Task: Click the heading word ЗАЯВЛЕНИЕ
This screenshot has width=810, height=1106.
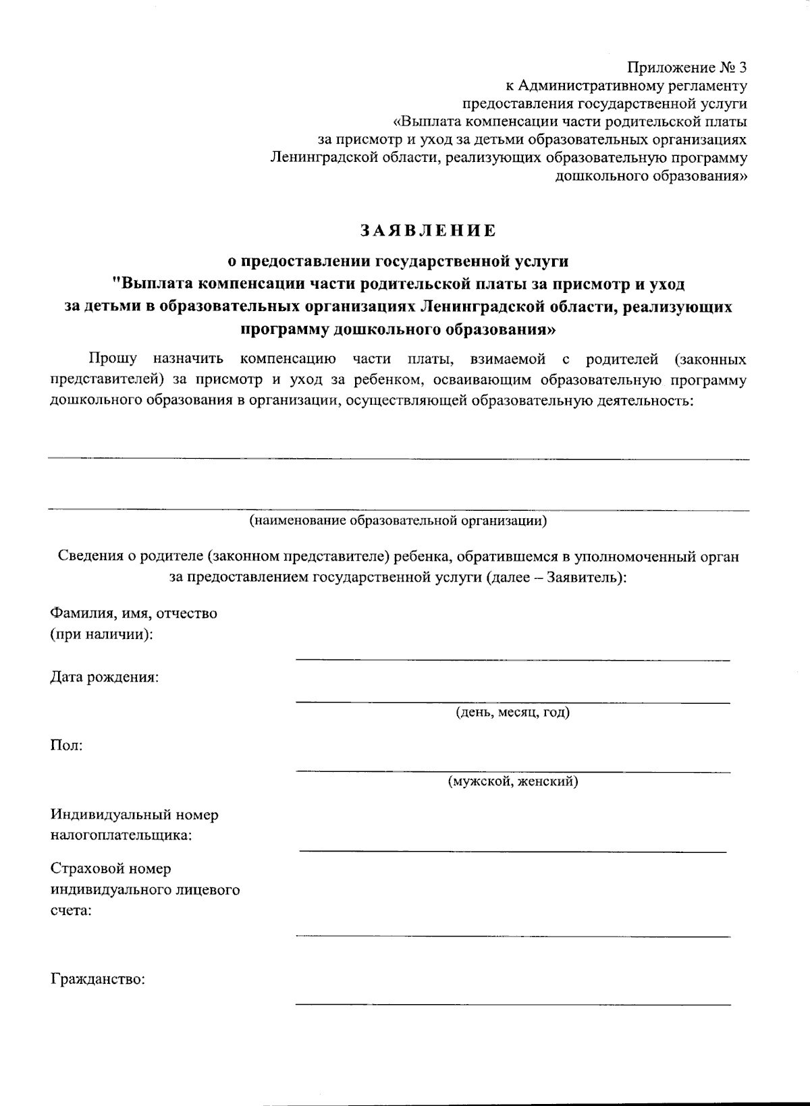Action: point(427,231)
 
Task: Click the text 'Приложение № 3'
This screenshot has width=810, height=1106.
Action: point(687,67)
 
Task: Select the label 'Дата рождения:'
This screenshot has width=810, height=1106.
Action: point(105,677)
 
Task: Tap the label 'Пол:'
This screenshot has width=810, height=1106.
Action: point(67,746)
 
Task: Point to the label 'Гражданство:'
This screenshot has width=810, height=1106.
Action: point(98,979)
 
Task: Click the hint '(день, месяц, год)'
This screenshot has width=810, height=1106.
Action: point(513,713)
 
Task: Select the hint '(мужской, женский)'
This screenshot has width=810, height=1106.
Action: point(513,782)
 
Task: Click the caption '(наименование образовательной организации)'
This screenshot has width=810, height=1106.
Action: point(398,520)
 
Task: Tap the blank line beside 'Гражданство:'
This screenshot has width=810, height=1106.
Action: point(513,1005)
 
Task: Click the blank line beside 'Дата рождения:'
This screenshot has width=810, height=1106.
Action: point(513,702)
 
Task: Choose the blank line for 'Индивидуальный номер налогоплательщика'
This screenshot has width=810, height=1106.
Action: point(513,852)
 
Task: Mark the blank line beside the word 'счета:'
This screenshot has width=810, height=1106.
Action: point(513,936)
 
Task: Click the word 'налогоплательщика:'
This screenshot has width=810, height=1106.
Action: point(122,836)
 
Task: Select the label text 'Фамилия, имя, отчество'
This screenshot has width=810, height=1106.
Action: point(134,613)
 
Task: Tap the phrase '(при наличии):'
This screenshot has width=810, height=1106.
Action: point(101,635)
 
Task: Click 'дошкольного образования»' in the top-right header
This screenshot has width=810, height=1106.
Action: point(651,177)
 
